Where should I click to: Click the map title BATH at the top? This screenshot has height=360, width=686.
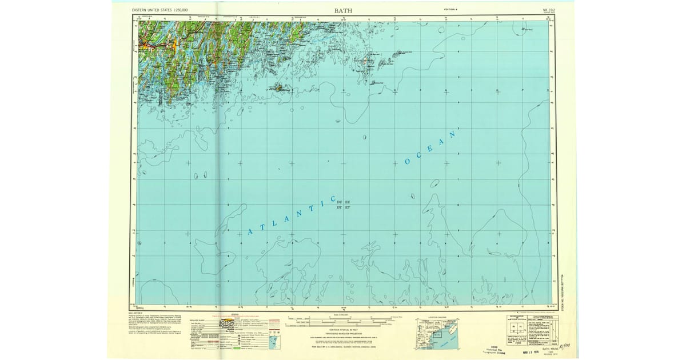pyautogui.click(x=343, y=10)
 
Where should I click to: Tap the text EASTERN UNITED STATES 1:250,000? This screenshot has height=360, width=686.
pyautogui.click(x=161, y=10)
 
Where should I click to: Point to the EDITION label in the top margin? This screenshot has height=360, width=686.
pyautogui.click(x=451, y=10)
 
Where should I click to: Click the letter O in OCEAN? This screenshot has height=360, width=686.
pyautogui.click(x=408, y=162)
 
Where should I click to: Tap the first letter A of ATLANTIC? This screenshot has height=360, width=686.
pyautogui.click(x=250, y=231)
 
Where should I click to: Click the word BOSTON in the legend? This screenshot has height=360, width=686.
pyautogui.click(x=228, y=323)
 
